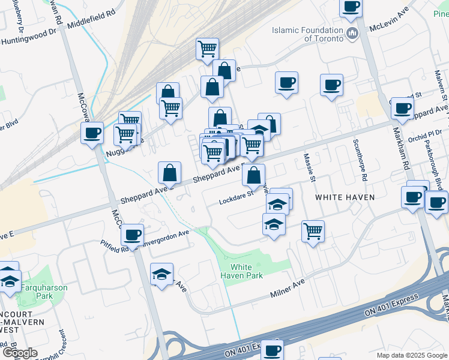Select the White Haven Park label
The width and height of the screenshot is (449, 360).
coord(247,271)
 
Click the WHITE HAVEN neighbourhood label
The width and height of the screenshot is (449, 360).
coord(345,197)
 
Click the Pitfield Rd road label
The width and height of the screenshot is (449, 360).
coord(113,243)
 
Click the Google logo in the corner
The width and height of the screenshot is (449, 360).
coord(20,353)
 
